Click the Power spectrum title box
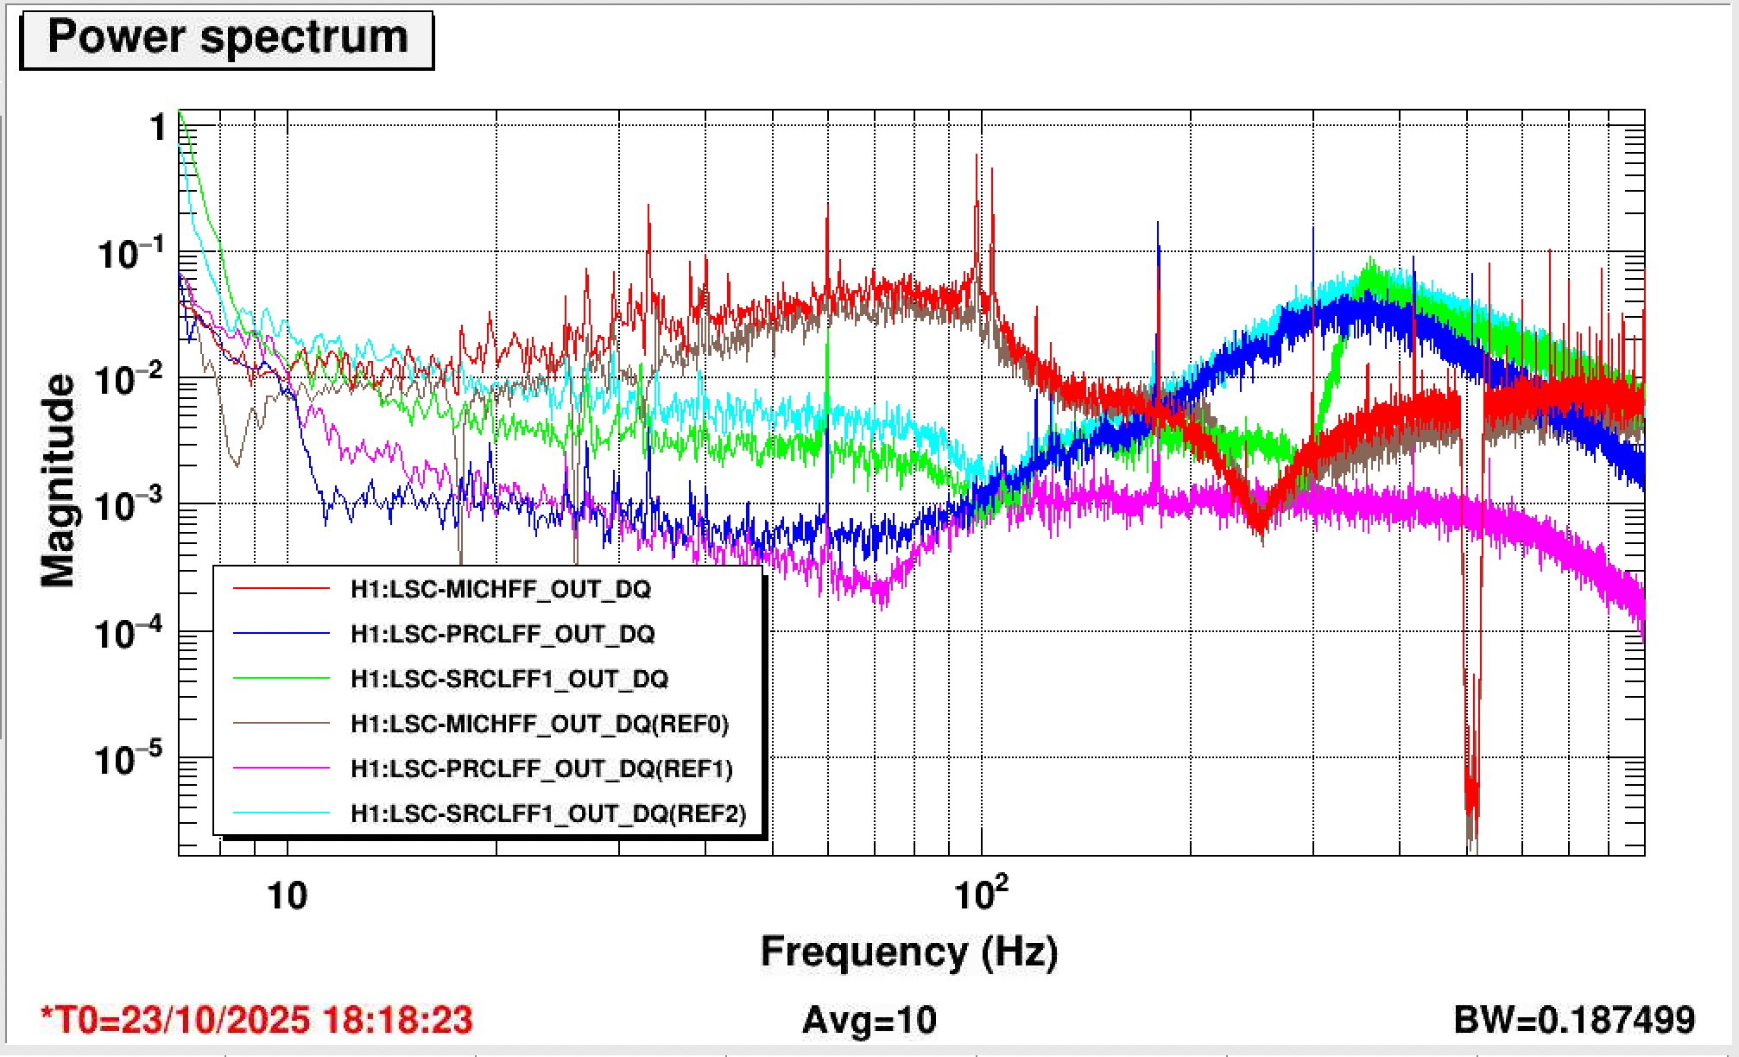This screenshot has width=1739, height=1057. click(226, 39)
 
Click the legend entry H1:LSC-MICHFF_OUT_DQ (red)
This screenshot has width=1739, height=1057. click(500, 589)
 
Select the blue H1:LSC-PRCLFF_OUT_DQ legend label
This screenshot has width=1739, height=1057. click(502, 634)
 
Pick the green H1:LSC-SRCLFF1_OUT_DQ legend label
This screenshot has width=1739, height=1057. click(509, 679)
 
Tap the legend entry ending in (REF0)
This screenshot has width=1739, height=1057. click(539, 724)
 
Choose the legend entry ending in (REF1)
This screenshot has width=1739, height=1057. click(541, 769)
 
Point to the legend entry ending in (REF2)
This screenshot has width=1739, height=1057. click(547, 813)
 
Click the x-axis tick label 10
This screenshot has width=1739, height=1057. click(287, 896)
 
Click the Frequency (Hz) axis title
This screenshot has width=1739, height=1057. click(908, 952)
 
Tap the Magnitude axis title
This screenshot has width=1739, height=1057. click(59, 480)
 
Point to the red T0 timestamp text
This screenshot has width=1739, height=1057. click(256, 1020)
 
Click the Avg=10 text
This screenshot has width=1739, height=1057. click(869, 1020)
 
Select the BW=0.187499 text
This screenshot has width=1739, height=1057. click(1574, 1020)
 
